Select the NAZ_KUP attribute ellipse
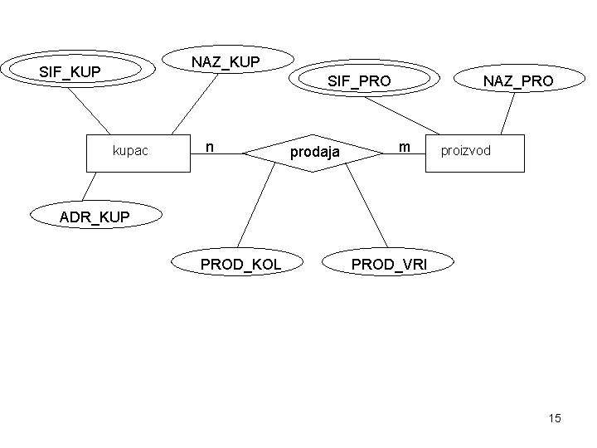click(x=226, y=61)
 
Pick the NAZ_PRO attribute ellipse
click(x=518, y=80)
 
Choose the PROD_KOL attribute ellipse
click(x=240, y=264)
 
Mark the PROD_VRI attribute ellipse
click(x=390, y=264)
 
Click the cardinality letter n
click(x=211, y=147)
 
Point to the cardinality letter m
click(x=403, y=147)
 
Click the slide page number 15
click(x=554, y=418)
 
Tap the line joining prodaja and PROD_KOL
click(x=258, y=203)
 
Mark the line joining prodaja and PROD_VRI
click(x=366, y=208)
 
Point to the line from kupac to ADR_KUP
click(x=88, y=186)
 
